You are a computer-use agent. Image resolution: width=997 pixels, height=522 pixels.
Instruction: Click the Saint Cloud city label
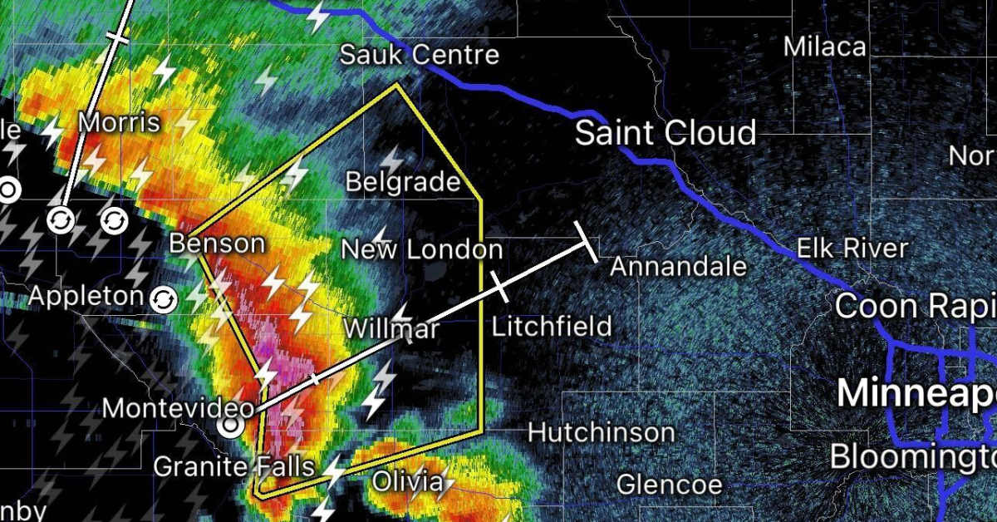pos(665,133)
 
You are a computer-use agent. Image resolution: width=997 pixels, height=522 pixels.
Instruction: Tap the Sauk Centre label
pos(420,56)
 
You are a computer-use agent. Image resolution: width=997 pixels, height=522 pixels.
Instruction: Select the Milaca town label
pos(824,47)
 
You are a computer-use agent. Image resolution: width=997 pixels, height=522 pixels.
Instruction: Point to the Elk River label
pos(852,249)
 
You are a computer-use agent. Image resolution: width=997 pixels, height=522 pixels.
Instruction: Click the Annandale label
pos(678,267)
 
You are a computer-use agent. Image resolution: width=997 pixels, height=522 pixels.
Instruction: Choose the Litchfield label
pos(552,326)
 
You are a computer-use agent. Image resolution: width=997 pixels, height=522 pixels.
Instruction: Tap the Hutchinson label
pos(601,432)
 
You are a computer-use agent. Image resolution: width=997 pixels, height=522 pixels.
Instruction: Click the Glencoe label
pos(669,484)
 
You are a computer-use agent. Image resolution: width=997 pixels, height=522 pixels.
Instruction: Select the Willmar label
pos(391,328)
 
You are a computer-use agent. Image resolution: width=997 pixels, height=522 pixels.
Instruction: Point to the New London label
pos(422,249)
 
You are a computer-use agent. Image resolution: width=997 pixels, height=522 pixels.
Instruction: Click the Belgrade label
pos(402,181)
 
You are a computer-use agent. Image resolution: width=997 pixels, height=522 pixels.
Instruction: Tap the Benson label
pos(217,244)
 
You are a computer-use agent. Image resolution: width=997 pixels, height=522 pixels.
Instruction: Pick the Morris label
pos(119,123)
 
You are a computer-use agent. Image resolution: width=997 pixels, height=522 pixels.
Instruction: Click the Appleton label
pos(86,295)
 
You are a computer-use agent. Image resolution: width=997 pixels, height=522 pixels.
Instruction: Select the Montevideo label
pos(178,408)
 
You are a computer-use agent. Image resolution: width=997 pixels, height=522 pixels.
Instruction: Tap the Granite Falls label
pos(235,466)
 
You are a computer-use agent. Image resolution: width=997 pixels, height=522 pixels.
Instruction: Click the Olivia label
pos(407,481)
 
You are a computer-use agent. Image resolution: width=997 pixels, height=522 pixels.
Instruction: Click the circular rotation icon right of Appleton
pos(164,298)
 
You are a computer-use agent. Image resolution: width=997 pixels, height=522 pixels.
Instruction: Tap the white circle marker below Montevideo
pos(230,426)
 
